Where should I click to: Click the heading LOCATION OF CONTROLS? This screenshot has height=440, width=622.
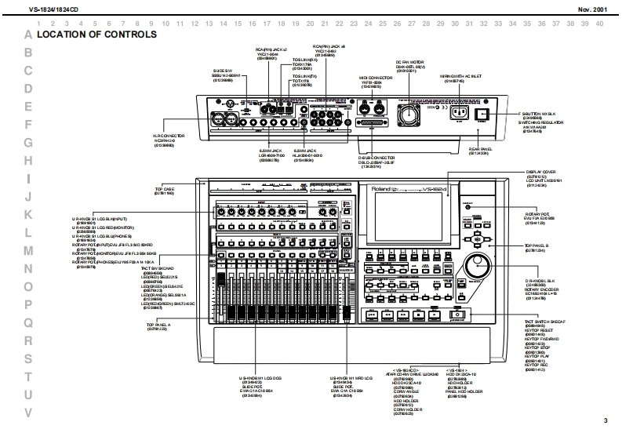tap(97, 35)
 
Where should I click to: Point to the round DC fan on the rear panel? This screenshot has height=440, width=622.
tap(409, 115)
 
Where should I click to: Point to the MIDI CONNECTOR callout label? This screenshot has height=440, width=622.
tap(371, 78)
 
